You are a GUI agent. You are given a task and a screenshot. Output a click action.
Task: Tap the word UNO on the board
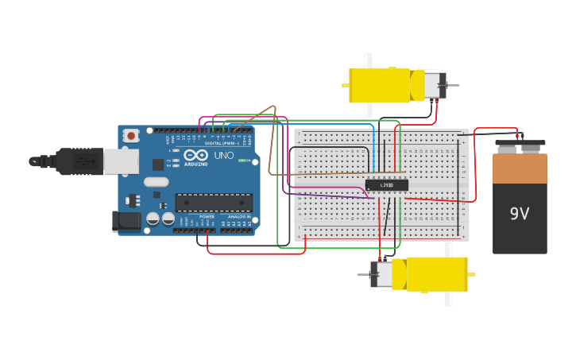224,156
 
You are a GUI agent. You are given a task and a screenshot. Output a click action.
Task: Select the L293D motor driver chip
387,185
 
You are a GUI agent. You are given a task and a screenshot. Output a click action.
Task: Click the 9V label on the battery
520,214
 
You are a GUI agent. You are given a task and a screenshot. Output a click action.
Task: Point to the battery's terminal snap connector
520,146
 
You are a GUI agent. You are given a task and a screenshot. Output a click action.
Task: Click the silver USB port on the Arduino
120,161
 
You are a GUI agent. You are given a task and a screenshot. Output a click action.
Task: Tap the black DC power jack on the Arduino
126,222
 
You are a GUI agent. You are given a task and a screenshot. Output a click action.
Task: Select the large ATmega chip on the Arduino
214,203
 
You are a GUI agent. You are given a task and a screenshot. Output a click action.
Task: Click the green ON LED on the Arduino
242,161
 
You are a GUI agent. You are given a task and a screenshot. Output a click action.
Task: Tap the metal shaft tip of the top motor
454,85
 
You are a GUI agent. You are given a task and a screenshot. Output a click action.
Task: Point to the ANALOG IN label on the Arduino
238,216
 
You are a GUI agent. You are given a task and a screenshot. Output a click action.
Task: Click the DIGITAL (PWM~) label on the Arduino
225,143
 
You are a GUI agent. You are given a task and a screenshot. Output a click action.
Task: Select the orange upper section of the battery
520,168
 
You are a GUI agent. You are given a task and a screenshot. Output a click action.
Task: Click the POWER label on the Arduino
207,216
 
